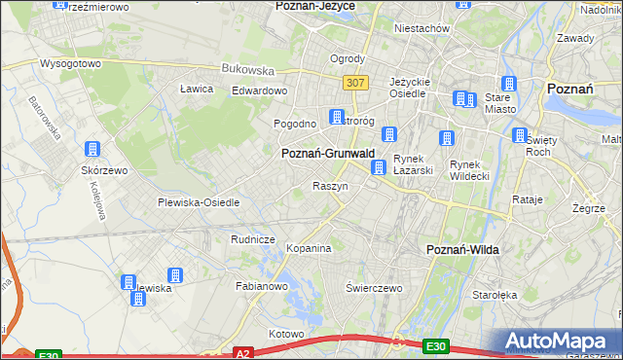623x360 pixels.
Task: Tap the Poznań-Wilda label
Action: pyautogui.click(x=463, y=250)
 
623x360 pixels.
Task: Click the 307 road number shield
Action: pyautogui.click(x=354, y=84)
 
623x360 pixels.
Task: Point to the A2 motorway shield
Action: pyautogui.click(x=243, y=353)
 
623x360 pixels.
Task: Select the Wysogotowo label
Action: pyautogui.click(x=70, y=63)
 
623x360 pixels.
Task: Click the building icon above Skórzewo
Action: pyautogui.click(x=92, y=150)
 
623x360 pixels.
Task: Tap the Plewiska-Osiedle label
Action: pyautogui.click(x=199, y=202)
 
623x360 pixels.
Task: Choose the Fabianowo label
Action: pyautogui.click(x=262, y=287)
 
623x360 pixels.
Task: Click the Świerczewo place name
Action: pyautogui.click(x=374, y=288)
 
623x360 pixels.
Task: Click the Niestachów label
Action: pyautogui.click(x=421, y=28)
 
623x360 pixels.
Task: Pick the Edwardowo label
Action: pyautogui.click(x=260, y=90)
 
